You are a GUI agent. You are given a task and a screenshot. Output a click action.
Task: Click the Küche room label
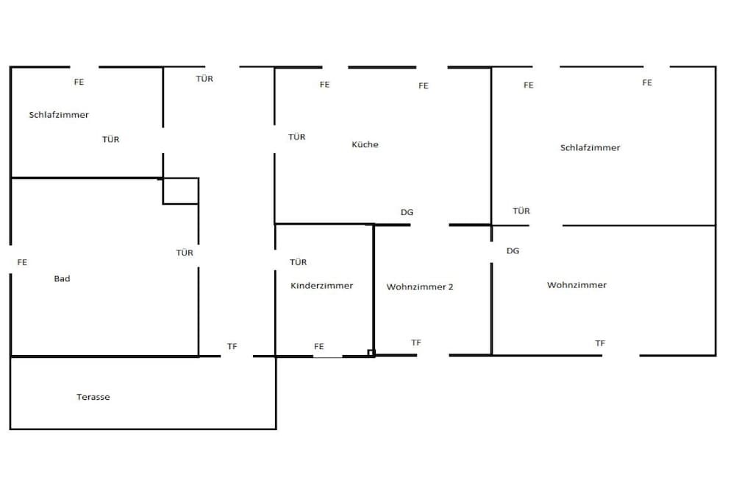tap(365, 144)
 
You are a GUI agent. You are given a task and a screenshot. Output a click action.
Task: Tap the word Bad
tap(62, 278)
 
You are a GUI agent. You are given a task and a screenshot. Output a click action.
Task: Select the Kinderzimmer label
tap(322, 286)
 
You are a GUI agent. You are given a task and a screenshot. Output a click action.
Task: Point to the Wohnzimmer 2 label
tap(420, 287)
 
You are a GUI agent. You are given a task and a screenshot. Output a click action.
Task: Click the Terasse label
tap(93, 397)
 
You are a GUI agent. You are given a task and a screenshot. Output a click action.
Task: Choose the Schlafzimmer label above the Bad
tap(59, 115)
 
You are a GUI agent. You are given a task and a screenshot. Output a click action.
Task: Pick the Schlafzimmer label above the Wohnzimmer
tap(590, 147)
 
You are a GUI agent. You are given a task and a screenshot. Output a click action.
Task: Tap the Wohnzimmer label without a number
tap(577, 285)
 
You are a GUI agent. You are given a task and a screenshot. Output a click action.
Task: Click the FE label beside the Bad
tap(22, 262)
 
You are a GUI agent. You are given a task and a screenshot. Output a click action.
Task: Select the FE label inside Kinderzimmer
tap(319, 346)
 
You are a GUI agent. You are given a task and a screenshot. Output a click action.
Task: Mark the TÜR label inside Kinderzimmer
tap(299, 262)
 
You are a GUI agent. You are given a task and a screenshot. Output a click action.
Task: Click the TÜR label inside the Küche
tap(297, 137)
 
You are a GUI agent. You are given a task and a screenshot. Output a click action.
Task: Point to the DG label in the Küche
tap(407, 212)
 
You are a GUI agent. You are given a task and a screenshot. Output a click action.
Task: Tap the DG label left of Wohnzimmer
tap(513, 250)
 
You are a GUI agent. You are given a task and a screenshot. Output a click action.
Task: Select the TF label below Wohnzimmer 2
tap(416, 343)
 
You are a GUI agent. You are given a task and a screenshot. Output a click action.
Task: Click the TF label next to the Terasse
tap(232, 346)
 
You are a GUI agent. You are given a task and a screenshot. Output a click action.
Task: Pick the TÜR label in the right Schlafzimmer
tap(521, 211)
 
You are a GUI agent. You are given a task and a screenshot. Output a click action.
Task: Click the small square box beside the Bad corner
tap(181, 191)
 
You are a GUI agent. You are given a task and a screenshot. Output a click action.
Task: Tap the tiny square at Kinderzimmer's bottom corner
tap(371, 353)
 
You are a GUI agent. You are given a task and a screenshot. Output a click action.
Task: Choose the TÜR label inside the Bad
tap(185, 253)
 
